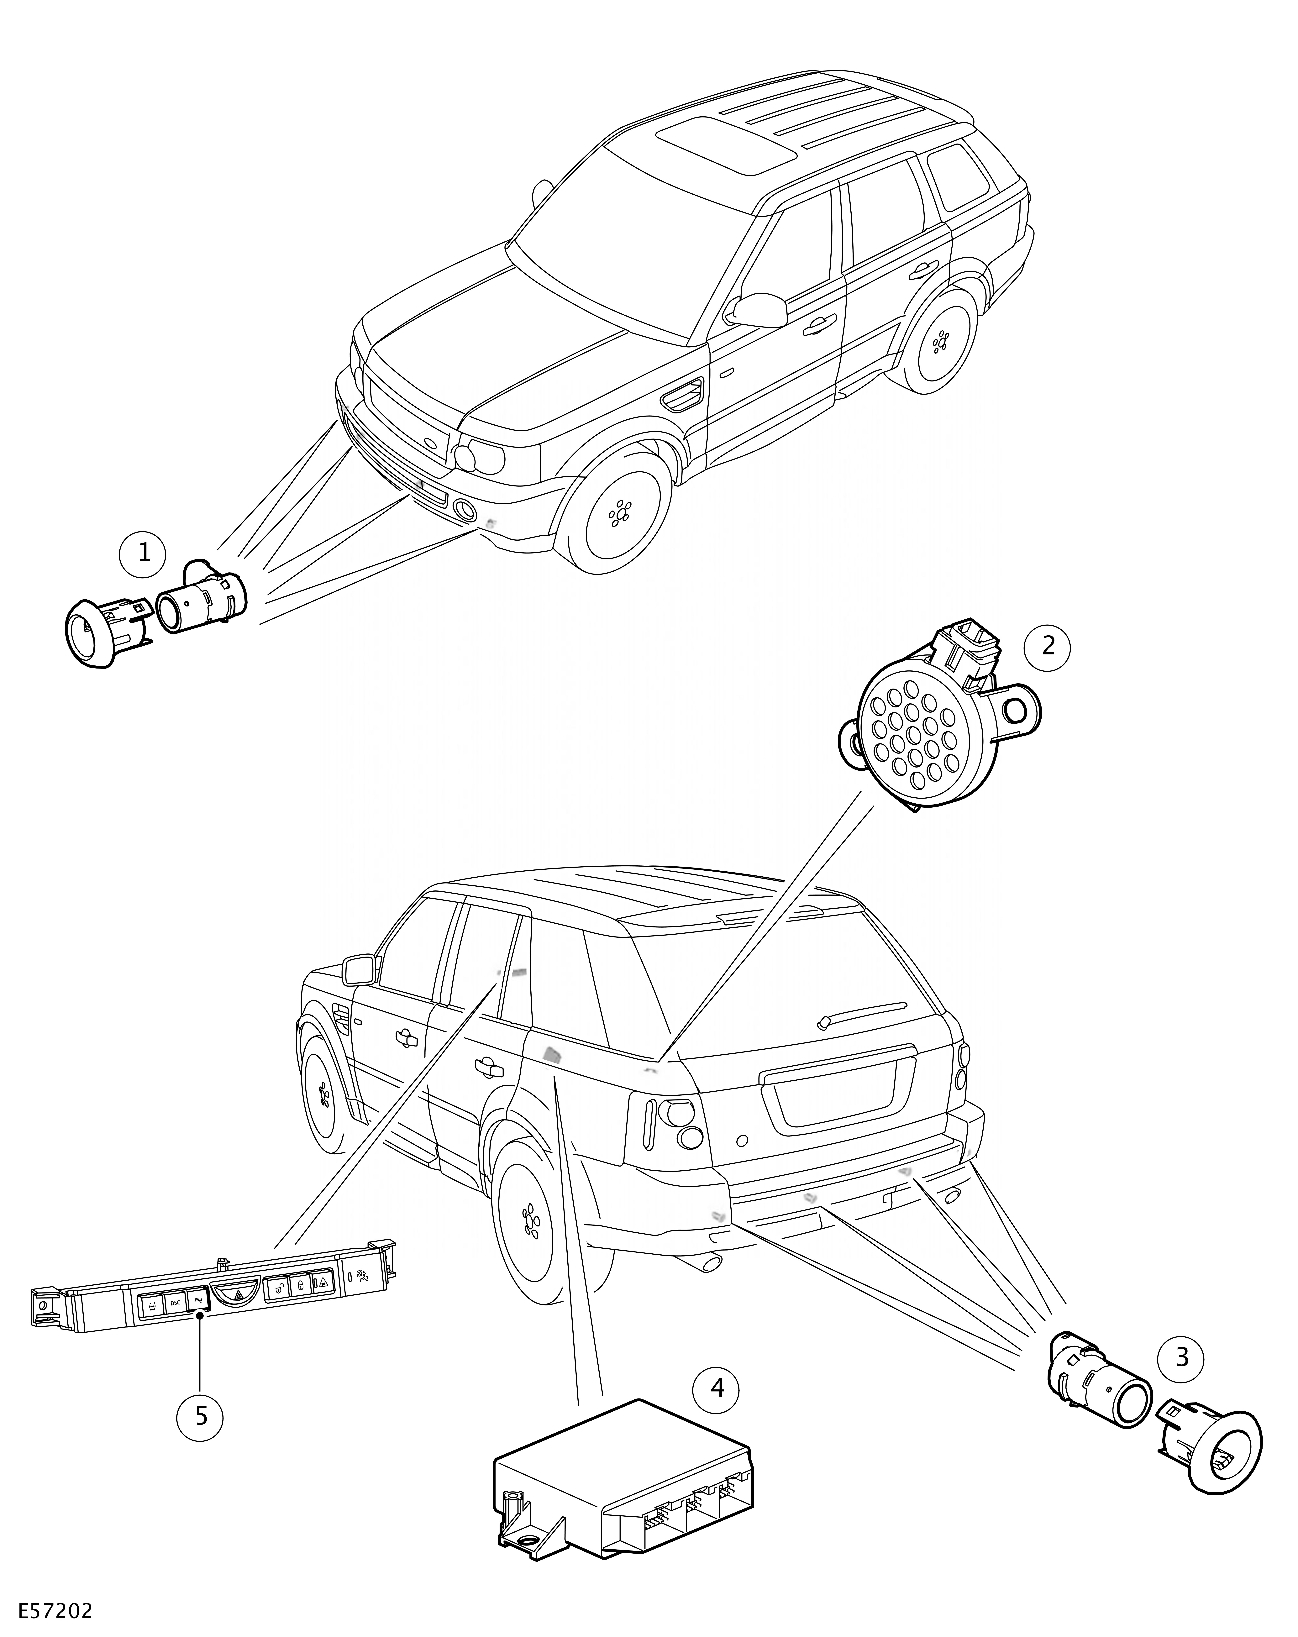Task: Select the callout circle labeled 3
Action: (x=1181, y=1357)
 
